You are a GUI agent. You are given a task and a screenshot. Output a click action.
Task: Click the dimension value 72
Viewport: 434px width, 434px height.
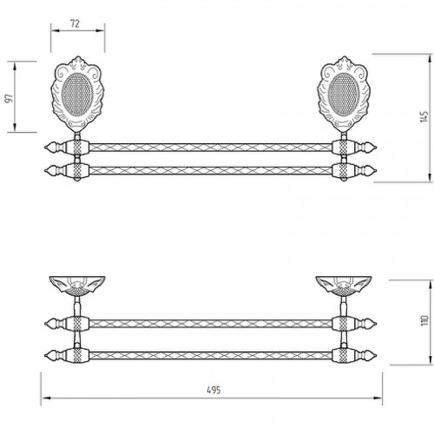75,23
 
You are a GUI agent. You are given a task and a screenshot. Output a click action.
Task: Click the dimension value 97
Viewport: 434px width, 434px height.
10,98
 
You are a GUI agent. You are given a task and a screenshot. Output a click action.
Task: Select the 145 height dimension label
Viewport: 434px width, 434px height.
424,116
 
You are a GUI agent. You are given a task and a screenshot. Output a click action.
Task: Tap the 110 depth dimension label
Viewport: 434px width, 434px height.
424,320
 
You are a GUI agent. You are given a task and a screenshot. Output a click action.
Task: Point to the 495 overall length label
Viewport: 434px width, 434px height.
214,390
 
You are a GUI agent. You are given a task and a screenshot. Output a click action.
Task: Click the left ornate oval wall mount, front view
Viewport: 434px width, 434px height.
77,94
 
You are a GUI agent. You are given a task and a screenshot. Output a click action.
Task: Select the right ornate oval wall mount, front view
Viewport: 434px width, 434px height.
344,94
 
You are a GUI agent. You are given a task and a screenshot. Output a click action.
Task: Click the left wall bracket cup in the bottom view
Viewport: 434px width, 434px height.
77,286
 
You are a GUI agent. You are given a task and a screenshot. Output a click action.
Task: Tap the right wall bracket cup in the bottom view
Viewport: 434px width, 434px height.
344,286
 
